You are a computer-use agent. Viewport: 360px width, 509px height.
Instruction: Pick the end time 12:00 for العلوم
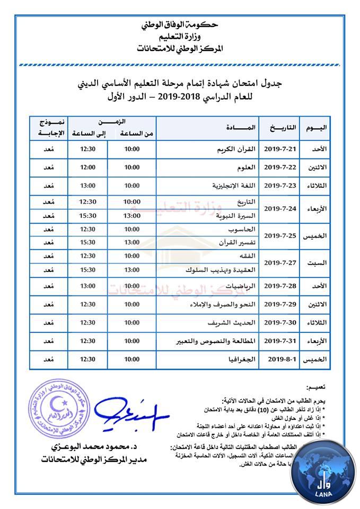(87, 168)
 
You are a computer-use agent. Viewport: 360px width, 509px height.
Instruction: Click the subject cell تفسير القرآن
(236, 242)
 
